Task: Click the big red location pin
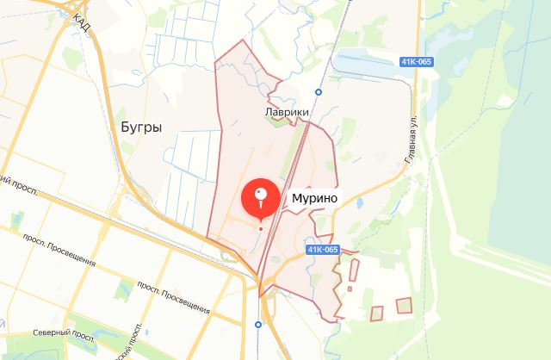261,197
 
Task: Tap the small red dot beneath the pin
261,228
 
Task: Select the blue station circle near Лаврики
319,91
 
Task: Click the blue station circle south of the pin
257,324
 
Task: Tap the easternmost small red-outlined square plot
404,305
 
